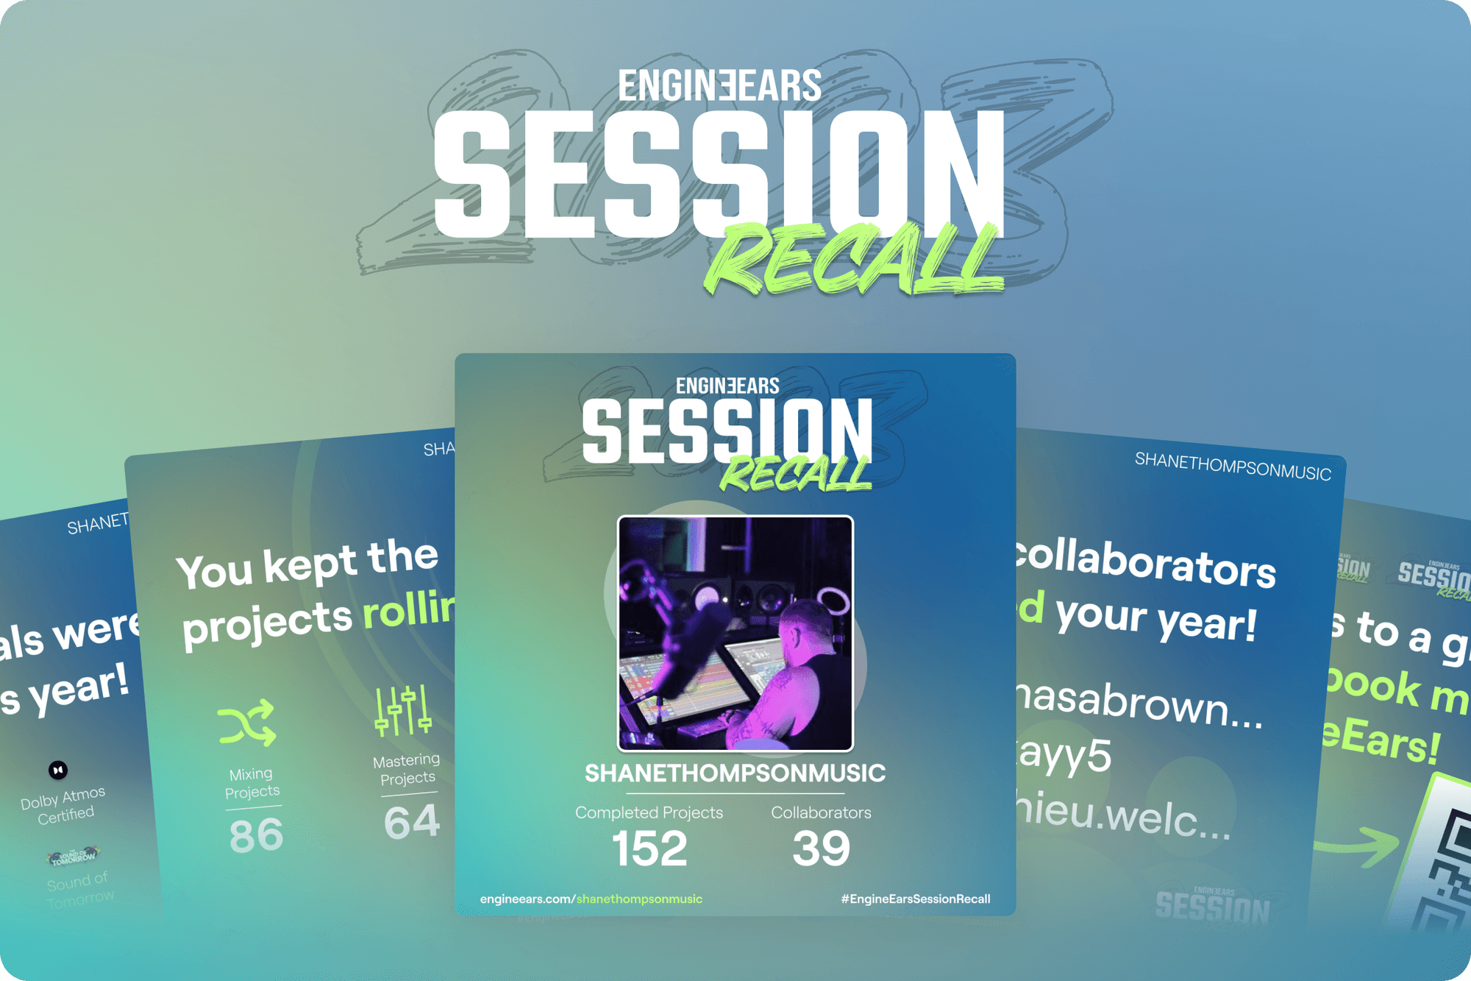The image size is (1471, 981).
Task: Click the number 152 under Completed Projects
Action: click(x=649, y=849)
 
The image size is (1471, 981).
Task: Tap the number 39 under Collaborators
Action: click(x=821, y=849)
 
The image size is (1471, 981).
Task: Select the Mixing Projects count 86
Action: click(x=256, y=836)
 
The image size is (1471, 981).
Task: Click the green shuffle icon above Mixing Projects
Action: click(x=247, y=723)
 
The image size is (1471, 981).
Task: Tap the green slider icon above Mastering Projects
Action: click(x=402, y=710)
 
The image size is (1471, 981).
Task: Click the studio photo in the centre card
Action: click(x=735, y=633)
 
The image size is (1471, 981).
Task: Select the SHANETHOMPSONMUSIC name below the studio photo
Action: click(x=735, y=773)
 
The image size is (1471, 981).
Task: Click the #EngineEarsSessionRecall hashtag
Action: click(x=915, y=899)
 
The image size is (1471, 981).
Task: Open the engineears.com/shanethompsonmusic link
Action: click(x=591, y=899)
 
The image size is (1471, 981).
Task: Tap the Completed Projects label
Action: click(x=649, y=812)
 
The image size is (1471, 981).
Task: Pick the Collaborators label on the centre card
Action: click(x=821, y=812)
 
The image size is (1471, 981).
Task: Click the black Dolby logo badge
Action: click(x=58, y=770)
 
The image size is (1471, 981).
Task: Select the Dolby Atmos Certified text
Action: click(x=64, y=806)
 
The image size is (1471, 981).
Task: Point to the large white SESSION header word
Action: click(x=719, y=174)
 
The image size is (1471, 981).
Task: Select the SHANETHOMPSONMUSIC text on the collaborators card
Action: click(x=1233, y=467)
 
